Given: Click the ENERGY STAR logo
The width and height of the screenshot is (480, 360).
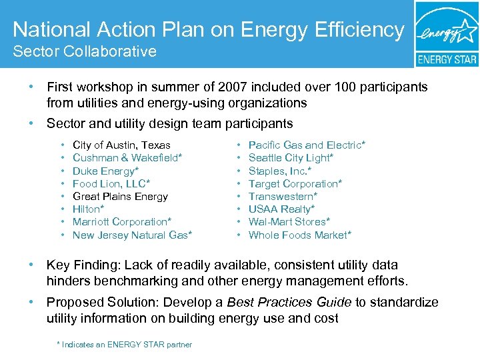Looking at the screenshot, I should click(x=447, y=34).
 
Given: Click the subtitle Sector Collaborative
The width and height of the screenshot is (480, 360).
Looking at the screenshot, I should click(x=85, y=51).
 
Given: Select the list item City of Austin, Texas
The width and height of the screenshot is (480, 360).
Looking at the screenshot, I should click(x=121, y=145).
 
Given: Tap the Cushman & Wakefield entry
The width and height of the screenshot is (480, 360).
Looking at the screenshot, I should click(x=127, y=158).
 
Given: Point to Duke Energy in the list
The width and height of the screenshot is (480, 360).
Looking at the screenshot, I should click(x=106, y=171).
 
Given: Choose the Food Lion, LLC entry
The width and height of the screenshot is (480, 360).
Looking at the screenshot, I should click(x=112, y=184).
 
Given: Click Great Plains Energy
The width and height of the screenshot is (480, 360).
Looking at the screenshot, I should click(x=120, y=197).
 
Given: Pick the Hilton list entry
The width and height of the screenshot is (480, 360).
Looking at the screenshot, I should click(x=89, y=209).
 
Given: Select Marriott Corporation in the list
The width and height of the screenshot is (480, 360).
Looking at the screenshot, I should click(x=122, y=222).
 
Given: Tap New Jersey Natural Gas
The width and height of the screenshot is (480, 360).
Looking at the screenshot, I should click(x=132, y=235).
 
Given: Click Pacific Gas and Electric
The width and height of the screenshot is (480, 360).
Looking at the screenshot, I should click(x=307, y=145).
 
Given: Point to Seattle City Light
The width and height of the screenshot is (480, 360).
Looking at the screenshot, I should click(x=291, y=158).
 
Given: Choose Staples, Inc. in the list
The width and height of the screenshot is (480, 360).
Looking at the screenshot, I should click(x=280, y=171).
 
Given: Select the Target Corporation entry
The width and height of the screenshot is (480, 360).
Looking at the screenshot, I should click(x=295, y=184).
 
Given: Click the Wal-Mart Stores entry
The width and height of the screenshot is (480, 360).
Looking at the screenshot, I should click(x=289, y=222).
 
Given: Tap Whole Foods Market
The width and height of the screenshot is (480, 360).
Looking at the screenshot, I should click(x=299, y=235).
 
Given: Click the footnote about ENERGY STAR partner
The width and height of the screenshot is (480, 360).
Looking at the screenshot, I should click(x=125, y=345).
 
